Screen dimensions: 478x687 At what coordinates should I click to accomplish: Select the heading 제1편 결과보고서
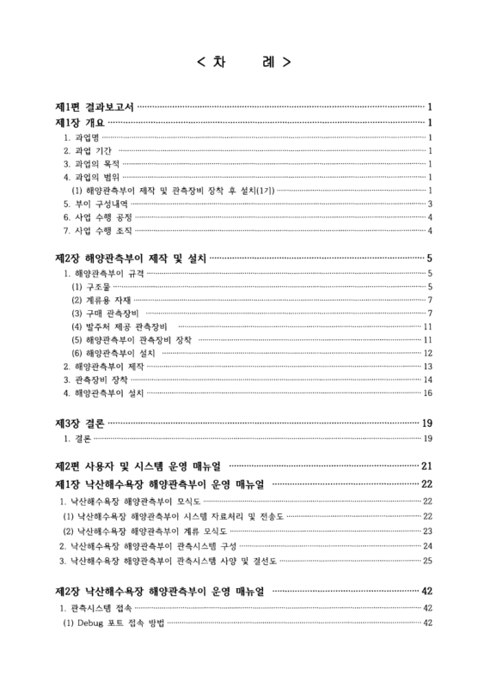click(93, 107)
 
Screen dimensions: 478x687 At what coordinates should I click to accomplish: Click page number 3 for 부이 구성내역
click(429, 204)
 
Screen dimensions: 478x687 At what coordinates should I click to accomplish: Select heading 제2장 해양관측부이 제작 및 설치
click(130, 258)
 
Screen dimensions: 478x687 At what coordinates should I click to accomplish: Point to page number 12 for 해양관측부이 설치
click(426, 354)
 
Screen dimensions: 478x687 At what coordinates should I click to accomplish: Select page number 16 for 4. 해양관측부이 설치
click(426, 392)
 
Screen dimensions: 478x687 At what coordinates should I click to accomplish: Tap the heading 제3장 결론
click(78, 423)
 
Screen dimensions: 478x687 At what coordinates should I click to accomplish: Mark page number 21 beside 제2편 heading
click(426, 466)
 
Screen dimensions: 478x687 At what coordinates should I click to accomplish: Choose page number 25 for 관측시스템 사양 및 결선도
click(426, 561)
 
